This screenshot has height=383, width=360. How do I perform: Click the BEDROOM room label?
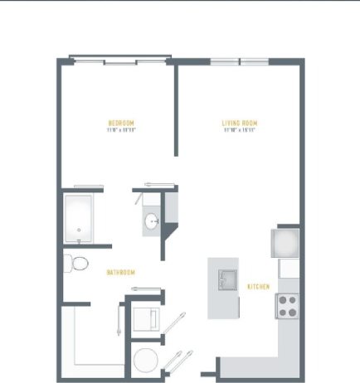(x=121, y=124)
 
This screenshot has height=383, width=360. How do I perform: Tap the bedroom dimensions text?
(x=121, y=130)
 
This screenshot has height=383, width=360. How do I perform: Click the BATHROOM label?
(x=120, y=272)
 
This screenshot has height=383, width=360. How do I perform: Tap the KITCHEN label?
(x=259, y=287)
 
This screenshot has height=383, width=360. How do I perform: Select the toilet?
(x=79, y=264)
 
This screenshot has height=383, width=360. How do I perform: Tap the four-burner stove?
(x=287, y=307)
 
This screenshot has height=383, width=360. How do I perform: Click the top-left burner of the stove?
(x=282, y=301)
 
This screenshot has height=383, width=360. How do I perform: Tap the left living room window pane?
(x=224, y=61)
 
